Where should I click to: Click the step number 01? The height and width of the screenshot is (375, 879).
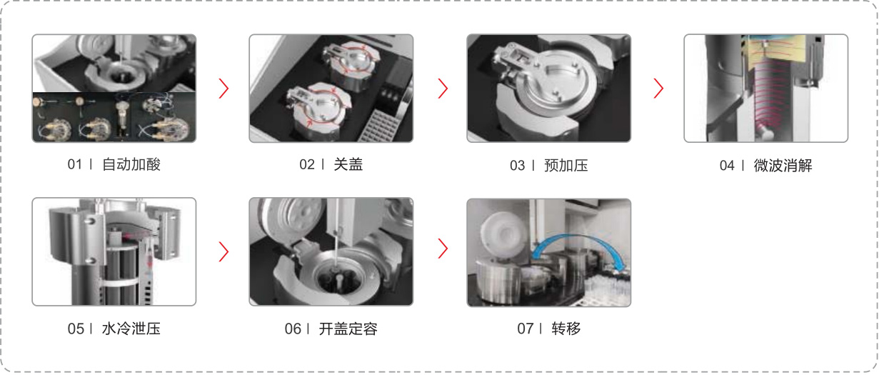pyautogui.click(x=74, y=164)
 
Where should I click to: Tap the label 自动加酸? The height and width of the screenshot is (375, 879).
pyautogui.click(x=131, y=164)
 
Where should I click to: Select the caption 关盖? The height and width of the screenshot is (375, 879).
pyautogui.click(x=348, y=164)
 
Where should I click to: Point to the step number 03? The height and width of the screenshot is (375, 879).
pyautogui.click(x=517, y=165)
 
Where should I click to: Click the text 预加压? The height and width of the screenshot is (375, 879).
pyautogui.click(x=566, y=165)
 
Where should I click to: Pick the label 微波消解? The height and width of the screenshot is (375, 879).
pyautogui.click(x=783, y=165)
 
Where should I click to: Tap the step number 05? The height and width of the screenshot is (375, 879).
pyautogui.click(x=76, y=329)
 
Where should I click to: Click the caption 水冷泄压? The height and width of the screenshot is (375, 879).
pyautogui.click(x=131, y=329)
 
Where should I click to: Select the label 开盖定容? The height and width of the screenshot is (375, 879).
pyautogui.click(x=348, y=329)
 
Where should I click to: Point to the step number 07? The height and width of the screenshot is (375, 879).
pyautogui.click(x=525, y=329)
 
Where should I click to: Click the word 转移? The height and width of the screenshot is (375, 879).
pyautogui.click(x=566, y=329)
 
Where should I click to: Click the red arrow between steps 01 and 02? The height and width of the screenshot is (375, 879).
pyautogui.click(x=223, y=89)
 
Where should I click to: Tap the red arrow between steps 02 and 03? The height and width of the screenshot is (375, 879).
pyautogui.click(x=443, y=89)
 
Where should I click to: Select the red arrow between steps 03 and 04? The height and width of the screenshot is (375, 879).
pyautogui.click(x=658, y=89)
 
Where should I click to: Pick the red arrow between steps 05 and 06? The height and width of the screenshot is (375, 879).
pyautogui.click(x=223, y=251)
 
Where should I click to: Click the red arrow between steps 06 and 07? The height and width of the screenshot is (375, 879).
pyautogui.click(x=443, y=249)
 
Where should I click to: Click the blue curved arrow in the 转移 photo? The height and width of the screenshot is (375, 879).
pyautogui.click(x=577, y=236)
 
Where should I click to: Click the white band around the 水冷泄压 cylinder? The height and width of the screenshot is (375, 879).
pyautogui.click(x=120, y=282)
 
